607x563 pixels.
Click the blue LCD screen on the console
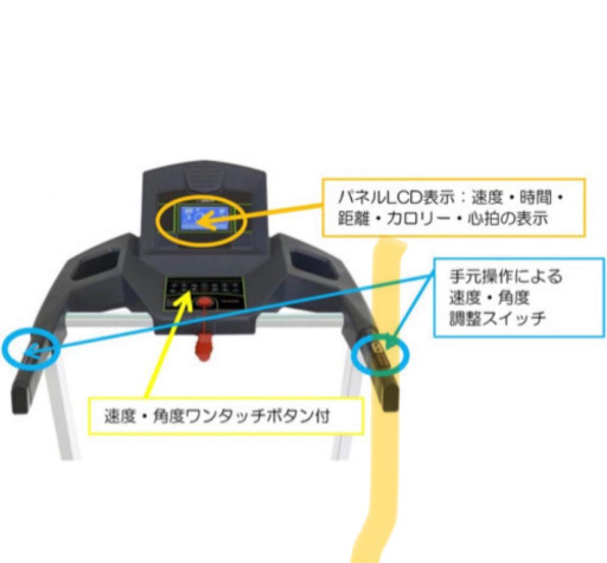[x=203, y=219]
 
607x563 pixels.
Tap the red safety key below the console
[x=204, y=340]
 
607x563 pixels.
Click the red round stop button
[x=204, y=302]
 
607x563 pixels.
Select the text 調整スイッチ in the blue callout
[x=497, y=319]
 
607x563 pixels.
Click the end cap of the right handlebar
[x=389, y=397]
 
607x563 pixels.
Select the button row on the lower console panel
[x=204, y=287]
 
